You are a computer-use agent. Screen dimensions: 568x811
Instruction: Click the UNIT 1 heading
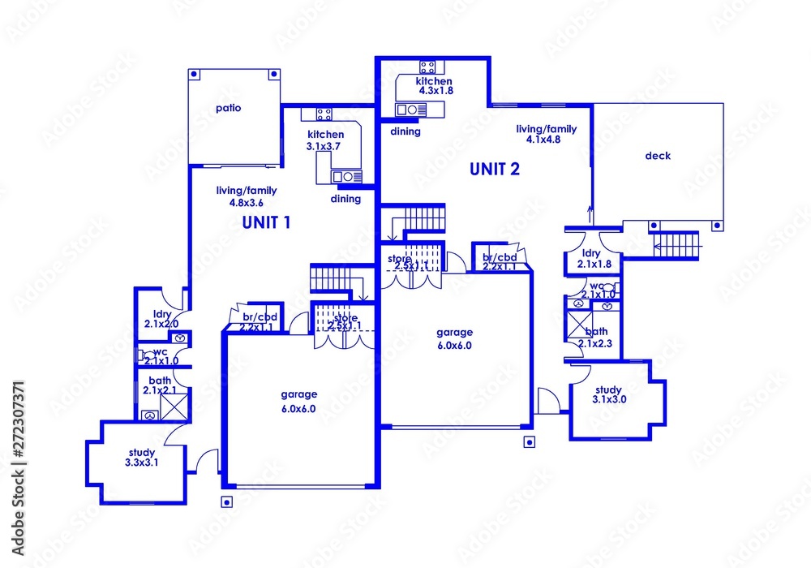pyautogui.click(x=266, y=223)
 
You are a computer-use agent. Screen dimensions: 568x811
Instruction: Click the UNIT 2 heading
pyautogui.click(x=494, y=170)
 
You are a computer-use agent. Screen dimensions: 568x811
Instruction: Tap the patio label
pyautogui.click(x=229, y=107)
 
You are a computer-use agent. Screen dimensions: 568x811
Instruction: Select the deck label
pyautogui.click(x=658, y=156)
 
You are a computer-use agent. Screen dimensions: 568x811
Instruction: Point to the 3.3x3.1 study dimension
pyautogui.click(x=142, y=463)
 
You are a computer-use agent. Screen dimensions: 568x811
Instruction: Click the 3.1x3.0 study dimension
pyautogui.click(x=609, y=399)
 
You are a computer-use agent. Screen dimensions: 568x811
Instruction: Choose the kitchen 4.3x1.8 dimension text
pyautogui.click(x=435, y=91)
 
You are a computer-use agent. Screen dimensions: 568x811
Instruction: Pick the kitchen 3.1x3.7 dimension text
pyautogui.click(x=325, y=146)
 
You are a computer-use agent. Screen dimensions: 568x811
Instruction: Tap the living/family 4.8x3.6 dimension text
pyautogui.click(x=241, y=202)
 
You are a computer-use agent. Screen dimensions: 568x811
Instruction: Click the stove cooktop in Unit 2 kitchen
pyautogui.click(x=428, y=67)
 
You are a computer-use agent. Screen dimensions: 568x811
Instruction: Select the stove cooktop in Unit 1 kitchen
pyautogui.click(x=324, y=114)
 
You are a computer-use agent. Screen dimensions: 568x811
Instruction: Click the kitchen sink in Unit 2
pyautogui.click(x=410, y=109)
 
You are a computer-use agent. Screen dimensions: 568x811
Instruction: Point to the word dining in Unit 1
pyautogui.click(x=345, y=199)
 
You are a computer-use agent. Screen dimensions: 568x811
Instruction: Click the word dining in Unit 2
pyautogui.click(x=405, y=131)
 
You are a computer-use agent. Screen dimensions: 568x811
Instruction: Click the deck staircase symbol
pyautogui.click(x=676, y=243)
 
